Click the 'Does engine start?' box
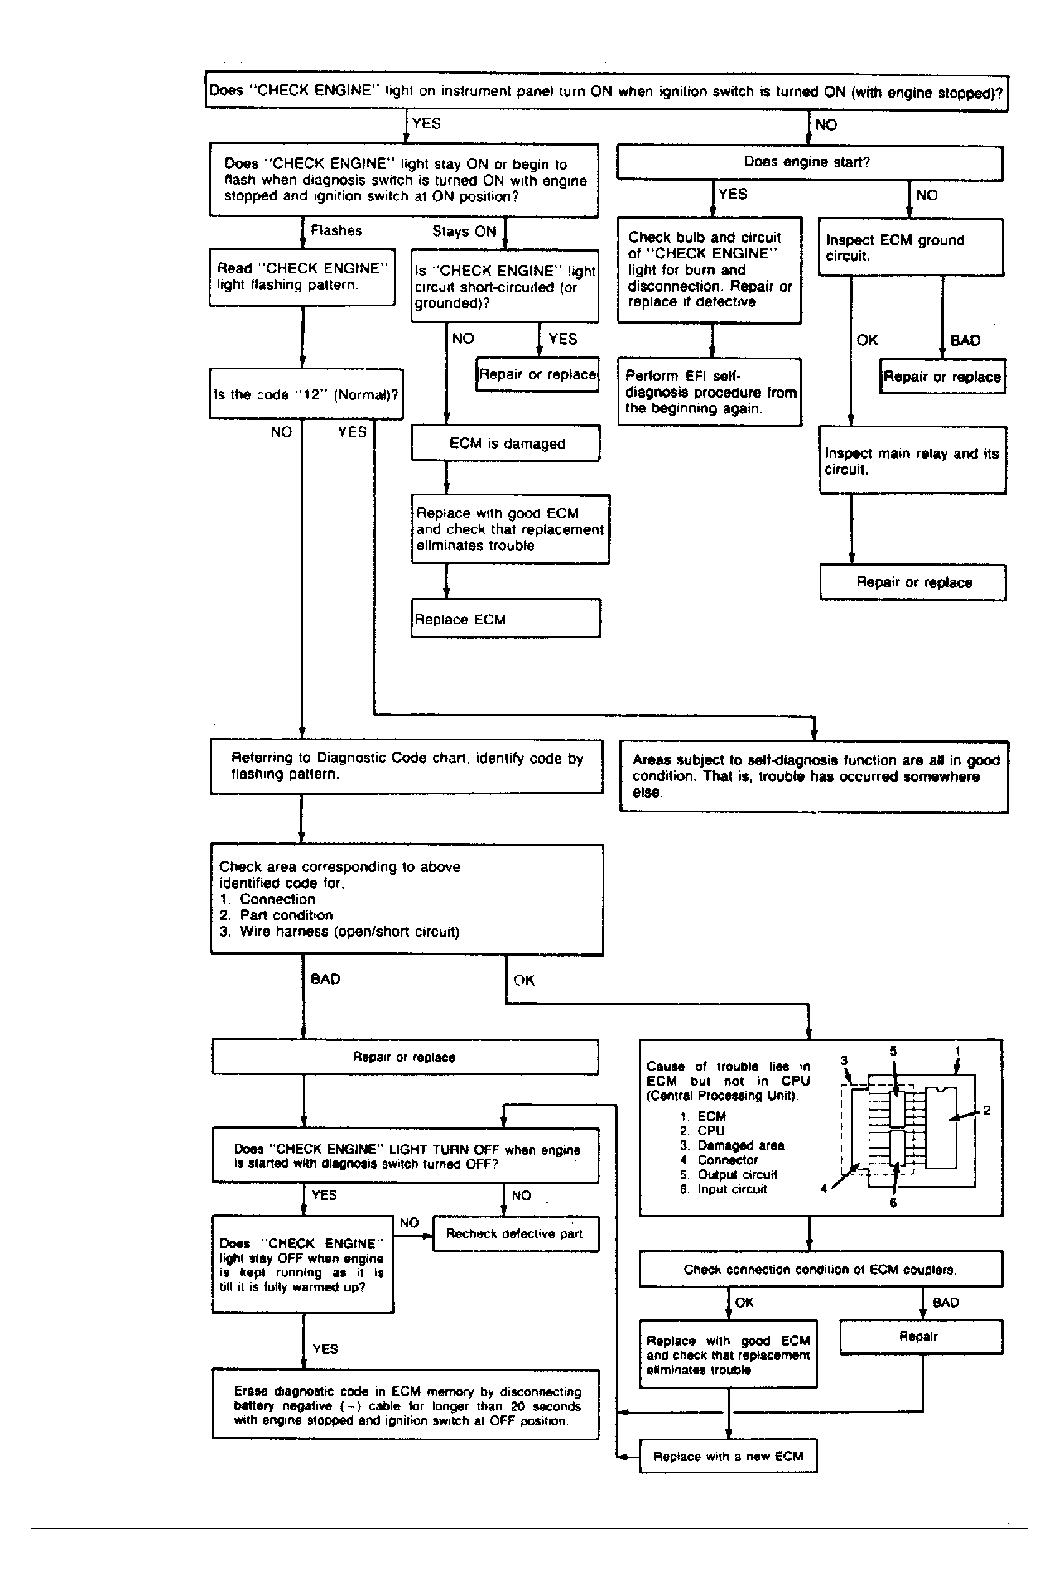809,163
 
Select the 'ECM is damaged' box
506,444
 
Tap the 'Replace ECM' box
505,620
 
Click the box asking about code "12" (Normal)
306,394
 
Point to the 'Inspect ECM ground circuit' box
910,248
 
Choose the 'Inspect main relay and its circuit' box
912,461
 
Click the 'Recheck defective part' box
516,1233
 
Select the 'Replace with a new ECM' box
728,1456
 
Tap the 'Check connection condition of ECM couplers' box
820,1269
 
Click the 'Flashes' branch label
336,231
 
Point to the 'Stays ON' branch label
464,232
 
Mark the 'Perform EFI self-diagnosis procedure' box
710,392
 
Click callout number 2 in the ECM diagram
987,1110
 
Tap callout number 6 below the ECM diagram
893,1203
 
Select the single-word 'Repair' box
919,1336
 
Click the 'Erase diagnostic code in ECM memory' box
406,1405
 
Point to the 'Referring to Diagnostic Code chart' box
407,766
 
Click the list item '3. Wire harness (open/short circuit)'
339,932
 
